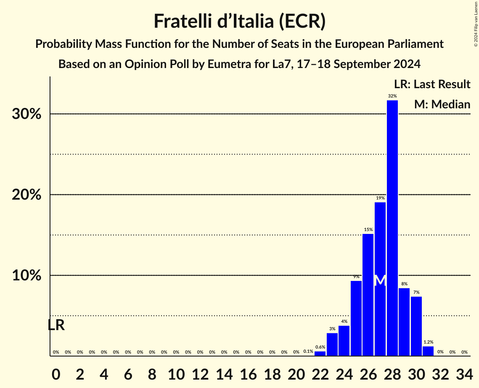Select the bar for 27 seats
pyautogui.click(x=380, y=279)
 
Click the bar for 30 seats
pyautogui.click(x=416, y=326)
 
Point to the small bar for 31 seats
pyautogui.click(x=428, y=351)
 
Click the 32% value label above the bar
pyautogui.click(x=392, y=96)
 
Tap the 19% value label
pyautogui.click(x=380, y=198)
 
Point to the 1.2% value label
pyautogui.click(x=428, y=342)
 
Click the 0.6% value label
pyautogui.click(x=320, y=347)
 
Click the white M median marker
pyautogui.click(x=380, y=280)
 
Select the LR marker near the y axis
pyautogui.click(x=56, y=325)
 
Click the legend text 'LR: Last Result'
pyautogui.click(x=432, y=84)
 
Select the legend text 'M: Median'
pyautogui.click(x=442, y=104)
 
